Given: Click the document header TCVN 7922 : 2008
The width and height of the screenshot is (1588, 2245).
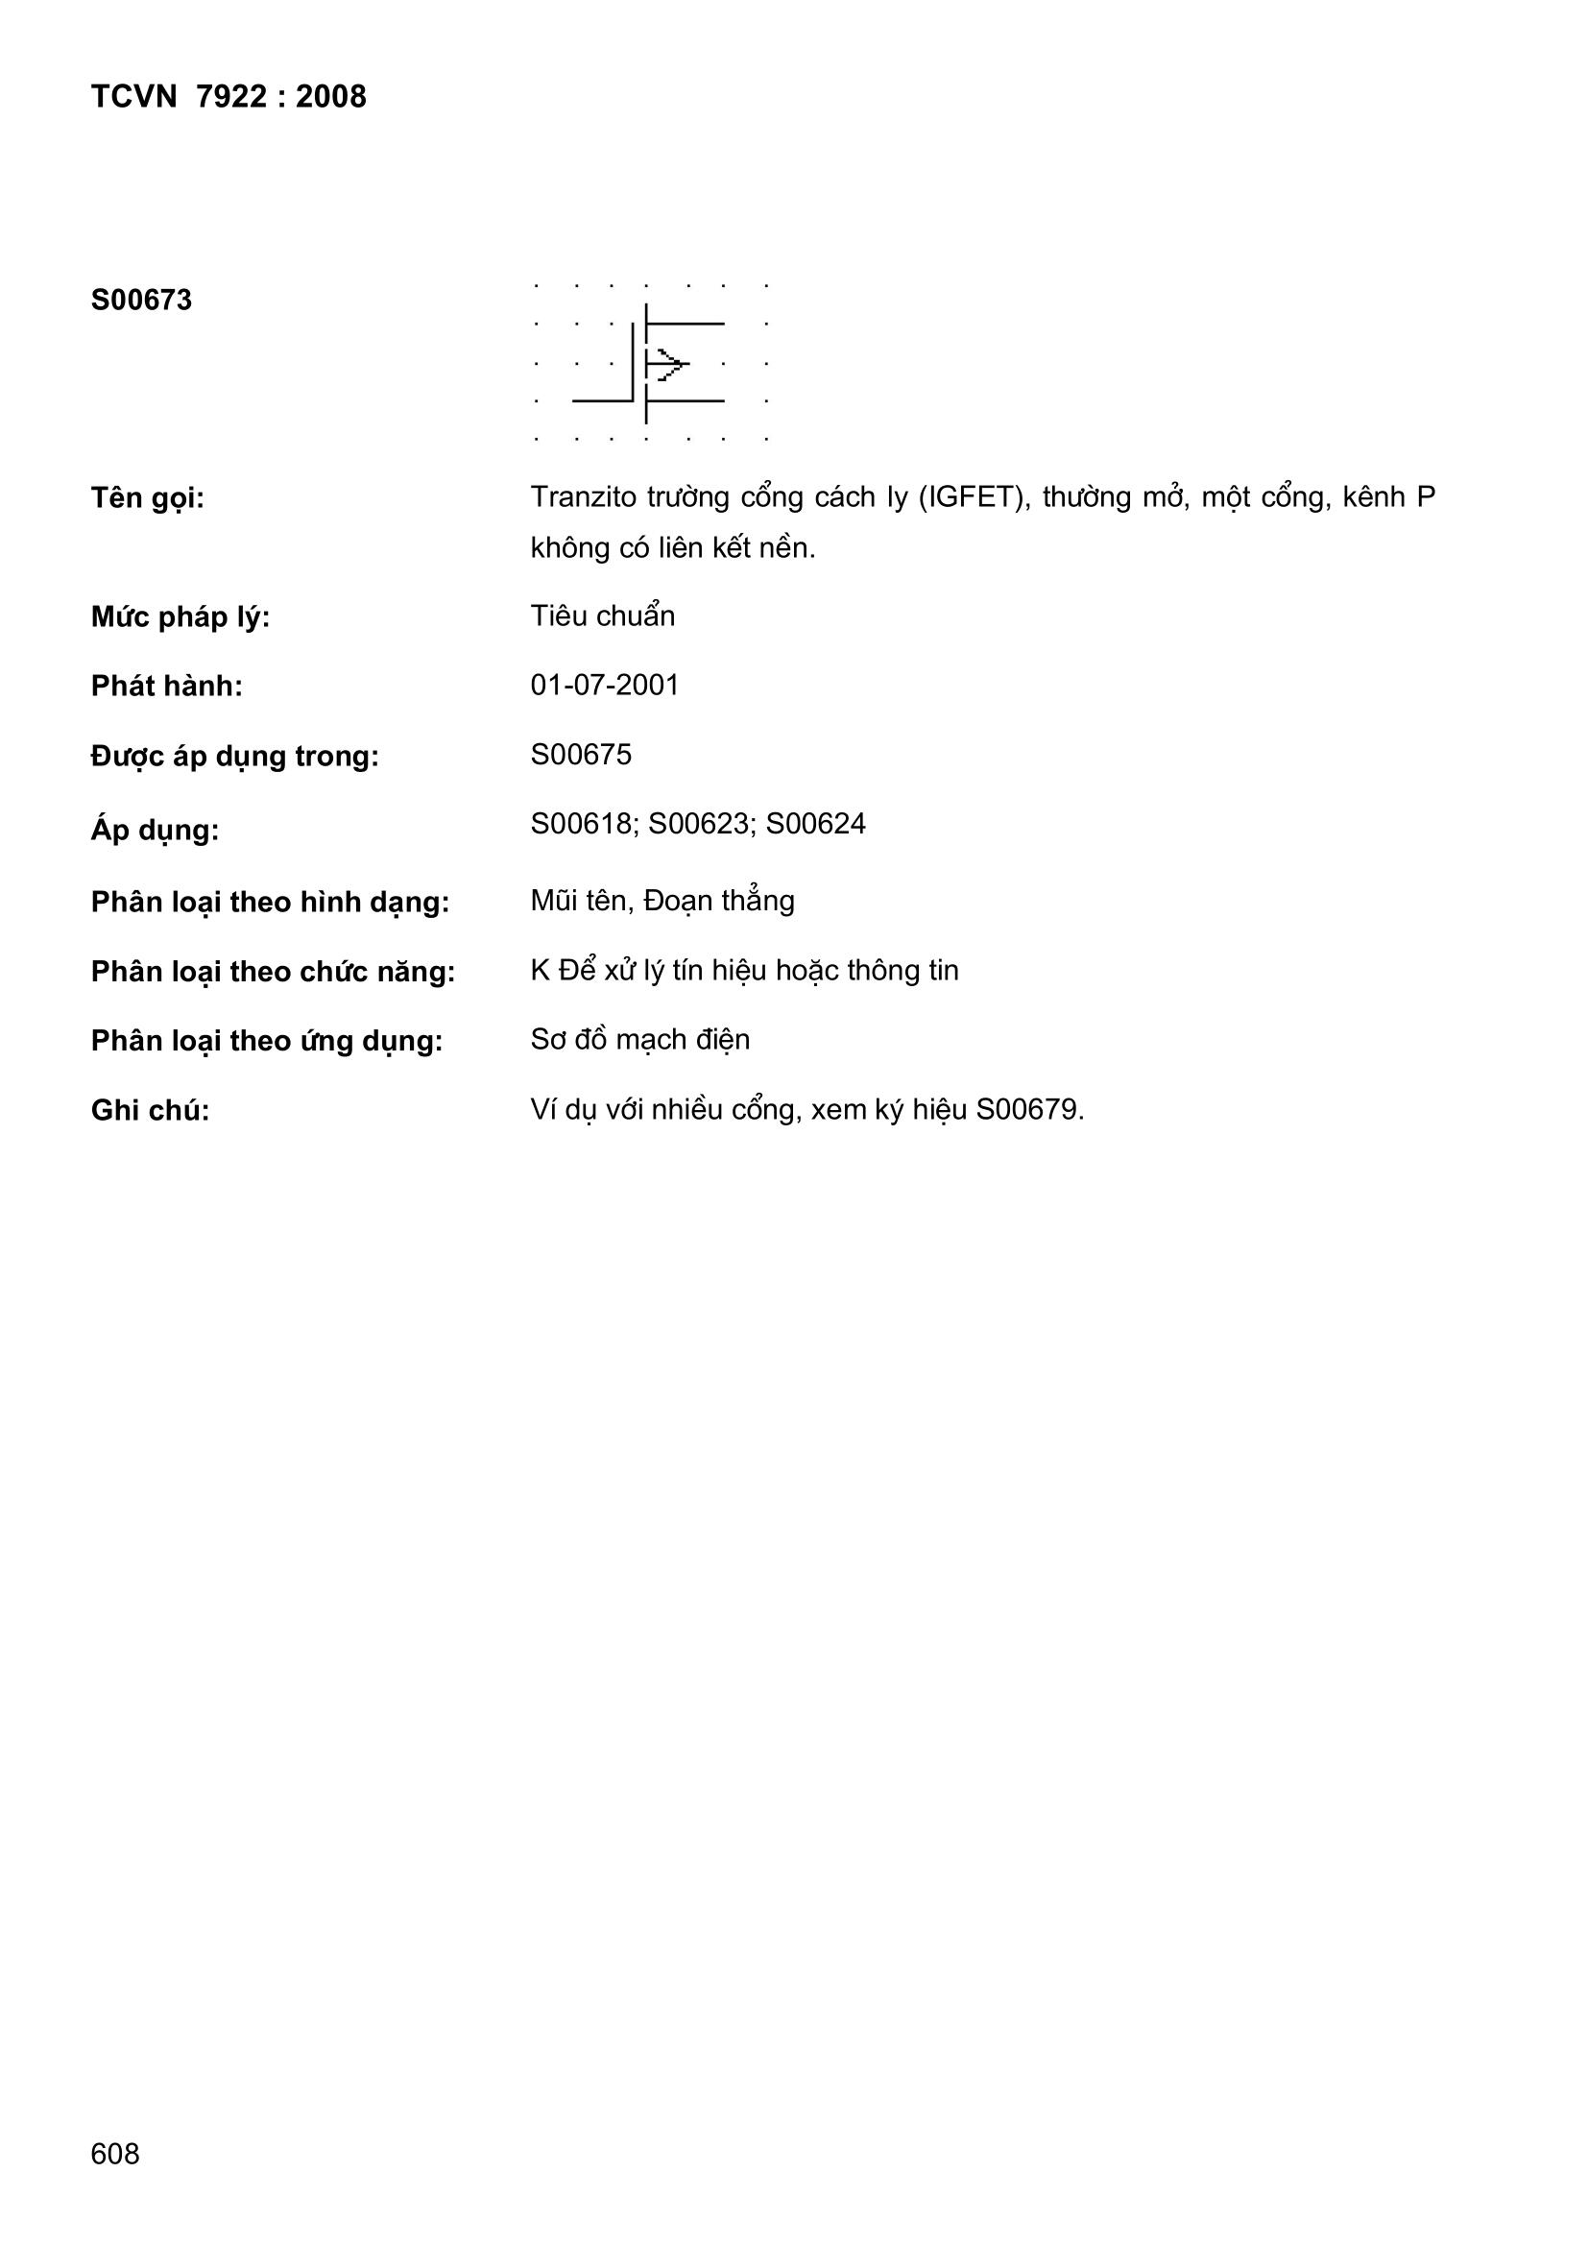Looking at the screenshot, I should (228, 97).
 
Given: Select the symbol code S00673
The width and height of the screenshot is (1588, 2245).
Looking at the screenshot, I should (142, 301).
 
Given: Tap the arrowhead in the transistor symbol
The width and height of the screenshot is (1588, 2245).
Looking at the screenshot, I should (672, 365).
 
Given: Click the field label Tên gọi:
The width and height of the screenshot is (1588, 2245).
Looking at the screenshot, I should (148, 498).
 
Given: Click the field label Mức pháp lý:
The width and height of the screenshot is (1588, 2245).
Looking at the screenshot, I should (180, 618).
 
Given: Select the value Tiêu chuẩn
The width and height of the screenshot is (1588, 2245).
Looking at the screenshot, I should (602, 616).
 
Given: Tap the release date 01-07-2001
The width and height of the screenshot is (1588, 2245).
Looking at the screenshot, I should (604, 685).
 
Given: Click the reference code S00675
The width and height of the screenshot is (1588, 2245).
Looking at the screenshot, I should (581, 755).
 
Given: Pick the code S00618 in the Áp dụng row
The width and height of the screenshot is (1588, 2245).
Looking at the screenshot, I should (581, 824).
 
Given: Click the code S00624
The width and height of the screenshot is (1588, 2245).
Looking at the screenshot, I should (815, 824).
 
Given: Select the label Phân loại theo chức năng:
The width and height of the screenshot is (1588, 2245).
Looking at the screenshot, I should (273, 972).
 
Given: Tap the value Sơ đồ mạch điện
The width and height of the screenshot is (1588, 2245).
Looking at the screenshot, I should (640, 1039).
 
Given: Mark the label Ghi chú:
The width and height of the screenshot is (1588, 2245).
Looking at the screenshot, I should (151, 1111).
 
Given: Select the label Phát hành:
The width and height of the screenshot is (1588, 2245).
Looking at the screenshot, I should (167, 687).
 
